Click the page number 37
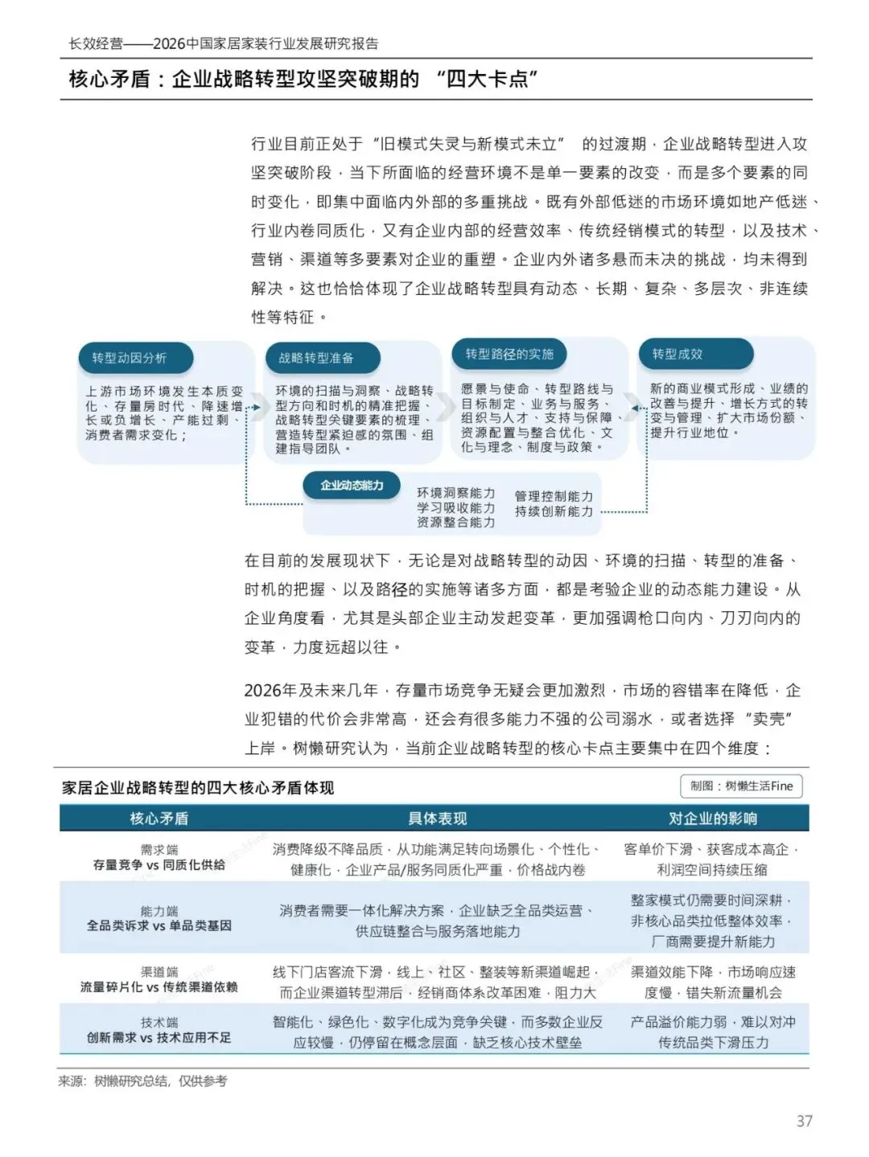tap(804, 1121)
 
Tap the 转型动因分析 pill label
tap(129, 358)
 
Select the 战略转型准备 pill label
tap(316, 358)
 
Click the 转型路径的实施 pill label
tap(509, 354)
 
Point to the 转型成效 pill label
tap(677, 354)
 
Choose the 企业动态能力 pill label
tap(352, 486)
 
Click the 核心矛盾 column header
tap(159, 819)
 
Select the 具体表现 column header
tap(437, 819)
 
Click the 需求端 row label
tap(159, 850)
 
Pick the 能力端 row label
tap(159, 911)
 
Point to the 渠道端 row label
tap(159, 972)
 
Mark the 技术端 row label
tap(159, 1023)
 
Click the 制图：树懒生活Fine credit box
tap(740, 786)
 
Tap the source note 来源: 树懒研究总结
tap(142, 1081)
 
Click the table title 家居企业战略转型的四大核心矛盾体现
tap(198, 788)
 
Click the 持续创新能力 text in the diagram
tap(554, 511)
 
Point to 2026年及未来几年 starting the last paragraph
tap(311, 691)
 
